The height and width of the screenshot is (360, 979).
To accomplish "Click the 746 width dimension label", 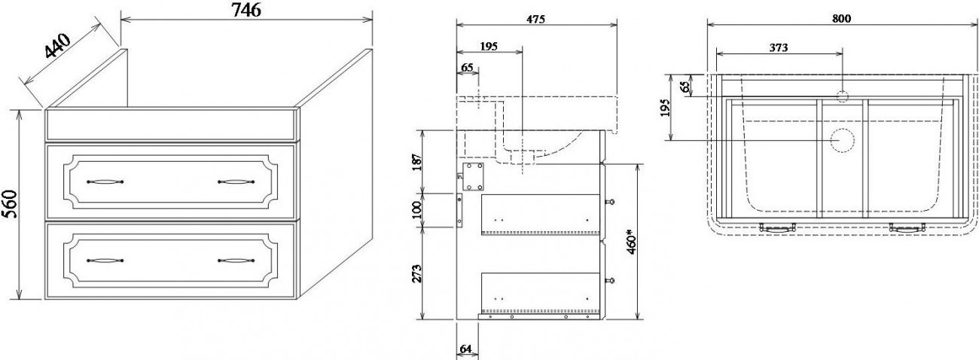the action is pos(246,9).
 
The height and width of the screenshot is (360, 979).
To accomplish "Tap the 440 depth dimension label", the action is pos(57,46).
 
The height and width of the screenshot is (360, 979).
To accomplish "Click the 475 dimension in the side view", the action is pos(536,19).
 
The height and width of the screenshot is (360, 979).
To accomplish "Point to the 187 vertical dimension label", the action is pos(417,162).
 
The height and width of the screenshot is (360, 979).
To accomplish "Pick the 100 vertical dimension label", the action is pos(417,210).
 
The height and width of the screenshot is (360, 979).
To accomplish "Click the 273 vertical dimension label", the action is pos(417,273).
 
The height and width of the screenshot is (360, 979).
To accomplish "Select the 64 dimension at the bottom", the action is pos(466,349).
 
